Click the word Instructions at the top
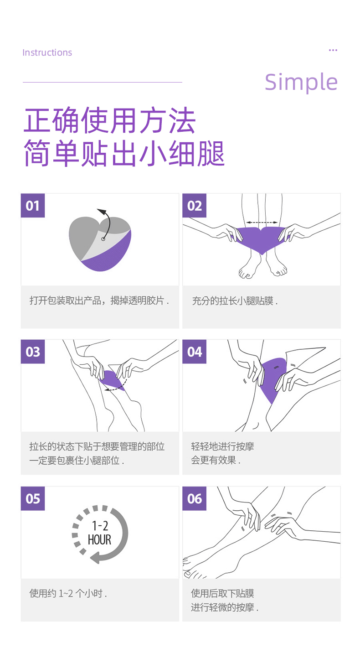point(47,52)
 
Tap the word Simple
point(301,82)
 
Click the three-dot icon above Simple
point(333,50)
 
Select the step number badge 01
point(32,206)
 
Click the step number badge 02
point(195,206)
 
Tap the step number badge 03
point(32,352)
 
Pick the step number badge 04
point(195,352)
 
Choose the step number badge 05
point(32,498)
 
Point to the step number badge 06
point(195,498)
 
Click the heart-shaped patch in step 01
point(100,244)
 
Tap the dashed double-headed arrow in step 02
point(262,223)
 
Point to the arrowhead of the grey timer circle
point(94,557)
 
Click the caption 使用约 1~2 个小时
point(68,593)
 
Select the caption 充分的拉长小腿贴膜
point(234,301)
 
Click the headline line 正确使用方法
point(109,121)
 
